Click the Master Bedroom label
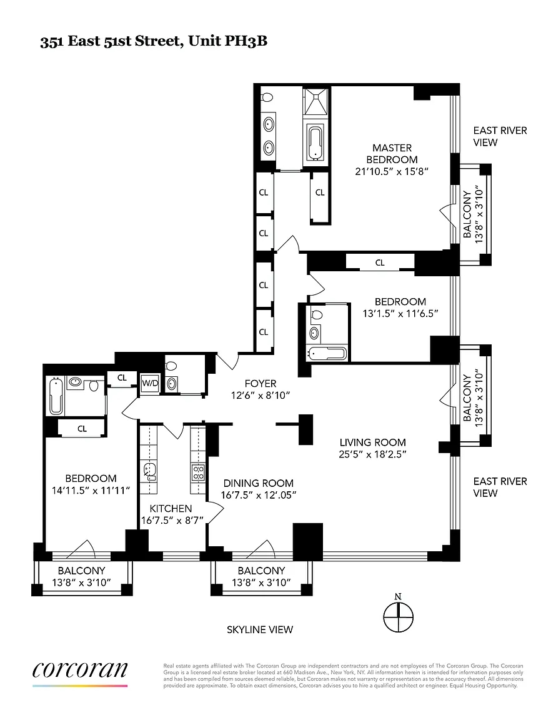[x=392, y=154]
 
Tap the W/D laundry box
[x=150, y=383]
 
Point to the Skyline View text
[x=260, y=629]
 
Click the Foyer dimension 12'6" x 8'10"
[x=261, y=396]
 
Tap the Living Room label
[x=373, y=442]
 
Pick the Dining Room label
[x=259, y=483]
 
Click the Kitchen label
[x=171, y=508]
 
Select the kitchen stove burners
[x=198, y=473]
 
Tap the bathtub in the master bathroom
[x=315, y=142]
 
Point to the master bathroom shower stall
[x=316, y=101]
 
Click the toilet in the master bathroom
[x=267, y=97]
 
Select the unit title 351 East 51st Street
[x=153, y=41]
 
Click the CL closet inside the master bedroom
[x=320, y=193]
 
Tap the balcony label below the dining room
[x=261, y=571]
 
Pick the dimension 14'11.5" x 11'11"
[x=91, y=491]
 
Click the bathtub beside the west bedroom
[x=56, y=396]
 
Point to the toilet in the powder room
[x=171, y=366]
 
